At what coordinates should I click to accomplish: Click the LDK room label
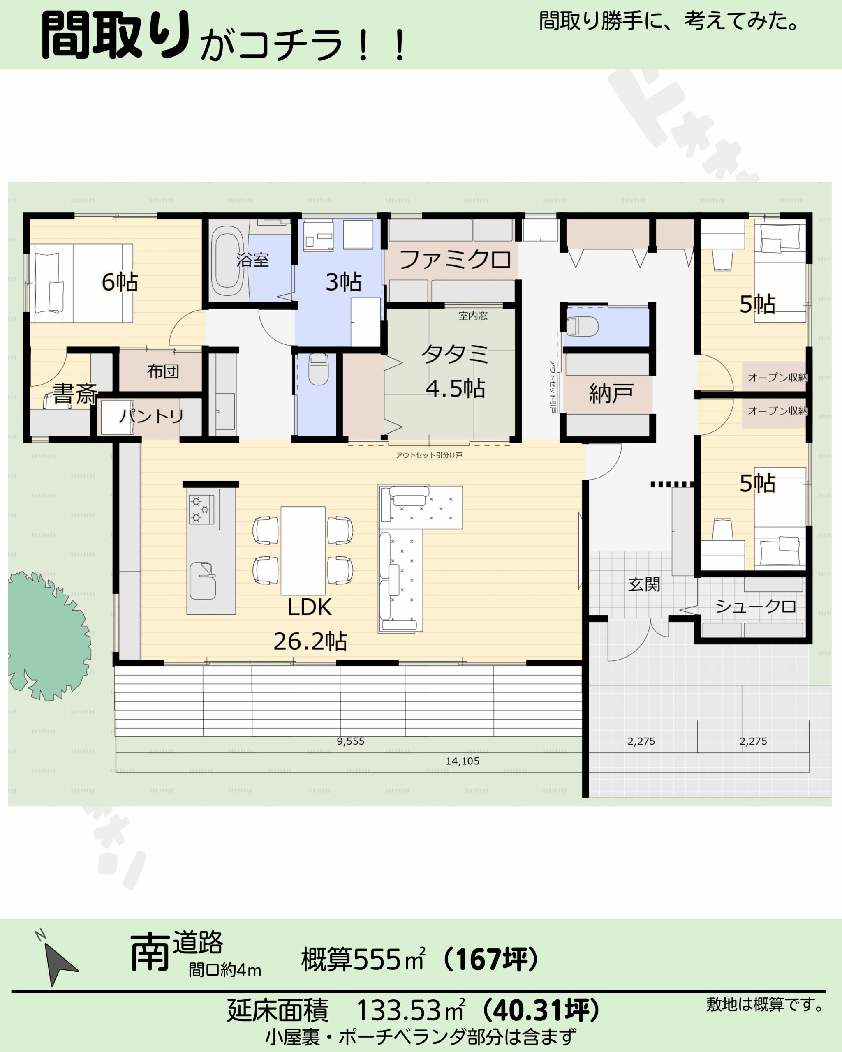(x=310, y=607)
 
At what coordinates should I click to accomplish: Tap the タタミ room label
(x=455, y=354)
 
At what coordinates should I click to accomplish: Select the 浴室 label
(x=253, y=260)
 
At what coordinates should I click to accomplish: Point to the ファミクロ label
(x=456, y=260)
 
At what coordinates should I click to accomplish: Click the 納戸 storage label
(x=611, y=393)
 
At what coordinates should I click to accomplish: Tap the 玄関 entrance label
(x=644, y=584)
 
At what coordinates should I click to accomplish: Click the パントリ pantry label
(x=152, y=416)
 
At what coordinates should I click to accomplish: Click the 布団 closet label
(x=163, y=371)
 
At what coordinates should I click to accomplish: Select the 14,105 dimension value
(x=462, y=761)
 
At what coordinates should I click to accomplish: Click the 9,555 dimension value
(x=350, y=741)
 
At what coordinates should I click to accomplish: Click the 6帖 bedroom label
(x=120, y=282)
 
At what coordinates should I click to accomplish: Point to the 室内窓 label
(x=473, y=316)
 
